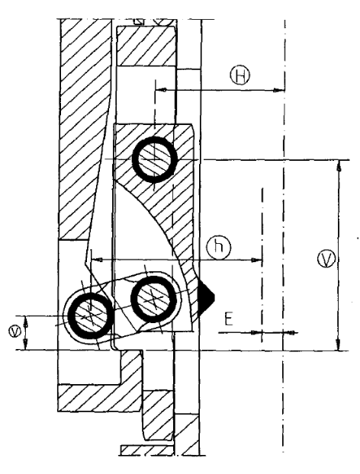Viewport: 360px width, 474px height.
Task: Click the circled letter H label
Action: (240, 75)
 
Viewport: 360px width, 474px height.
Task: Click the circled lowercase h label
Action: (220, 247)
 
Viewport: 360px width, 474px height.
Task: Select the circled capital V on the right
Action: (326, 258)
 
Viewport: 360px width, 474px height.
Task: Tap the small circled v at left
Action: (14, 331)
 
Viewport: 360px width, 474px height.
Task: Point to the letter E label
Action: (229, 319)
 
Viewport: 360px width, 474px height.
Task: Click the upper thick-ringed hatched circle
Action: (154, 159)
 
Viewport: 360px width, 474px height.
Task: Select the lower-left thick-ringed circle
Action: (90, 316)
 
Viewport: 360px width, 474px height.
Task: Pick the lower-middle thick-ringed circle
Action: (153, 299)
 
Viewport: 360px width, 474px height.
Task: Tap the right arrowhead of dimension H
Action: (279, 90)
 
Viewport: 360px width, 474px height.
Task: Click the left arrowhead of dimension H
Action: (161, 90)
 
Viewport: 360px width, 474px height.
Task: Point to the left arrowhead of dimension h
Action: (97, 259)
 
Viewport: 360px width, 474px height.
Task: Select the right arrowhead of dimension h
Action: (256, 259)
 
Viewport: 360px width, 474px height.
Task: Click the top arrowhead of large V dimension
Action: (339, 165)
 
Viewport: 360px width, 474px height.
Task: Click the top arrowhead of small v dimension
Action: (26, 321)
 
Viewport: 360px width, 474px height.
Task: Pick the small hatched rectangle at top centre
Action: (146, 46)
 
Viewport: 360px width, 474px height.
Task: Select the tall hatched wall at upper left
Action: (85, 130)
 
